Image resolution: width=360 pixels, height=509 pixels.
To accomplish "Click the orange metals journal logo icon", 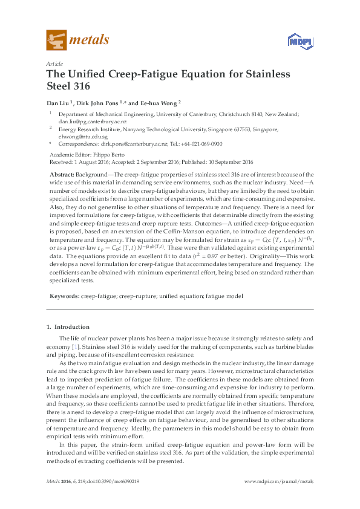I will [56, 40].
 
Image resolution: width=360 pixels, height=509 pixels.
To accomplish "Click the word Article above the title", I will [53, 63].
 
